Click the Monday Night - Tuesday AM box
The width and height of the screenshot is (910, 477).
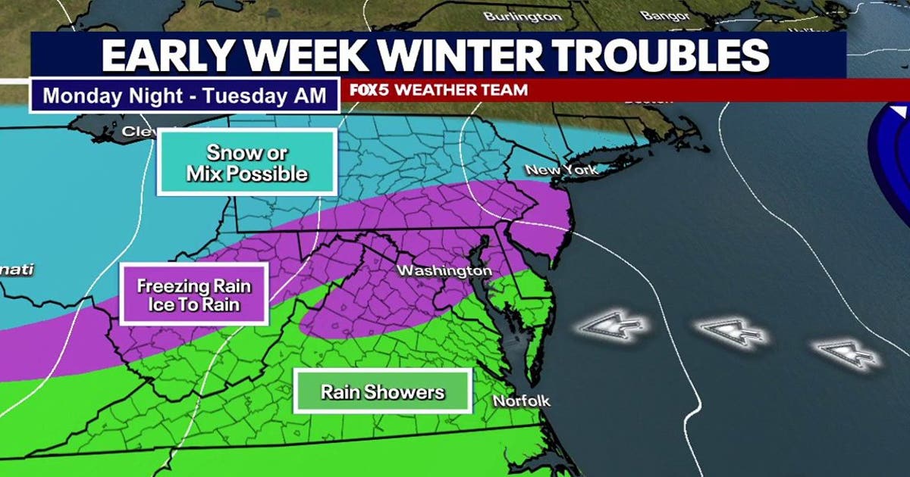coord(184,96)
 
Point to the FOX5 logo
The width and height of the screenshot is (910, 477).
coord(370,89)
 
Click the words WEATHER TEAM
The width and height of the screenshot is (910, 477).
coord(462,89)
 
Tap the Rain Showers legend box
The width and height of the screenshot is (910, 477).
coord(382,391)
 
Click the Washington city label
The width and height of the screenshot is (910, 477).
coord(445,270)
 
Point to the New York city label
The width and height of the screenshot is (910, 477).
coord(562,169)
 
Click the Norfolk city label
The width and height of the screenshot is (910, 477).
coord(521,401)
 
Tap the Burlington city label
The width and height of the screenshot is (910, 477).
coord(522,16)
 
